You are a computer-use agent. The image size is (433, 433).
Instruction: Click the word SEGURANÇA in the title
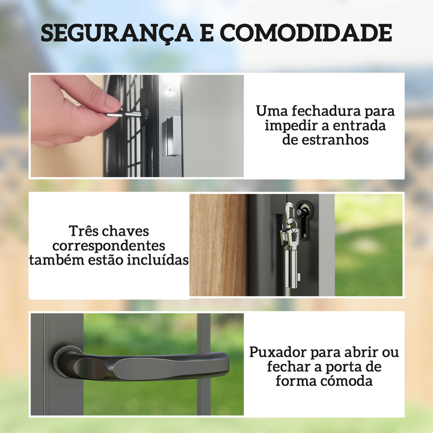click(113, 33)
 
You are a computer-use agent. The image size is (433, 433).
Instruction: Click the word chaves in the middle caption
click(127, 232)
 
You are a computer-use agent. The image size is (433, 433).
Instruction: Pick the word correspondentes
click(109, 246)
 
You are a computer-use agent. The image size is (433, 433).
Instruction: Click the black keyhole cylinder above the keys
click(304, 211)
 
